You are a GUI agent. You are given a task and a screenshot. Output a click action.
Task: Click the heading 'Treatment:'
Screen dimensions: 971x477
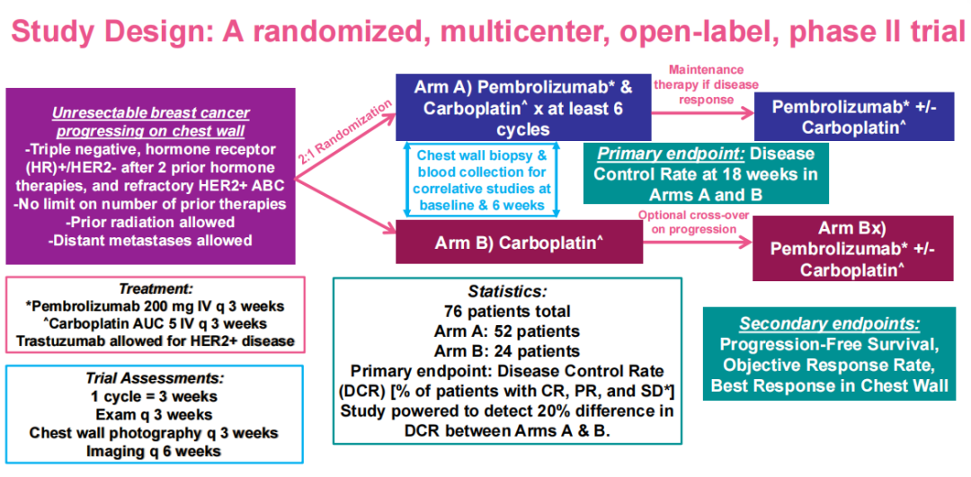click(x=156, y=288)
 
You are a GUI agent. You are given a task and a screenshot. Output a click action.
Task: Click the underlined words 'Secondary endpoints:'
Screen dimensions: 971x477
click(x=830, y=323)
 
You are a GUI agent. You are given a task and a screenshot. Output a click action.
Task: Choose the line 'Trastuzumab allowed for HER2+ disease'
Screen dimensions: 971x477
click(x=156, y=340)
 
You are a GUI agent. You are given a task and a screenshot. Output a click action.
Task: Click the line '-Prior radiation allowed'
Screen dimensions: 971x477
click(x=150, y=222)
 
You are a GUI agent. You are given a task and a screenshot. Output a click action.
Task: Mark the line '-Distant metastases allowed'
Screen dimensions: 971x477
click(x=150, y=240)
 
